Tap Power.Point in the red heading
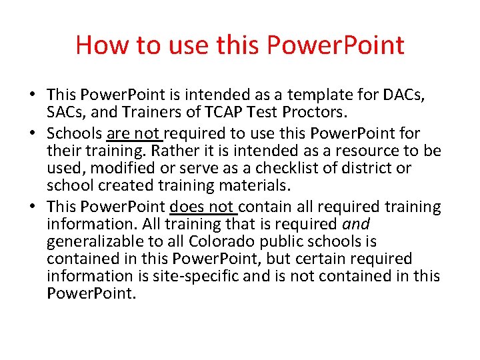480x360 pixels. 335,45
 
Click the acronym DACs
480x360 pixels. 403,96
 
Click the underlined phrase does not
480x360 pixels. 203,207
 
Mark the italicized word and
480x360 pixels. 355,225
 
